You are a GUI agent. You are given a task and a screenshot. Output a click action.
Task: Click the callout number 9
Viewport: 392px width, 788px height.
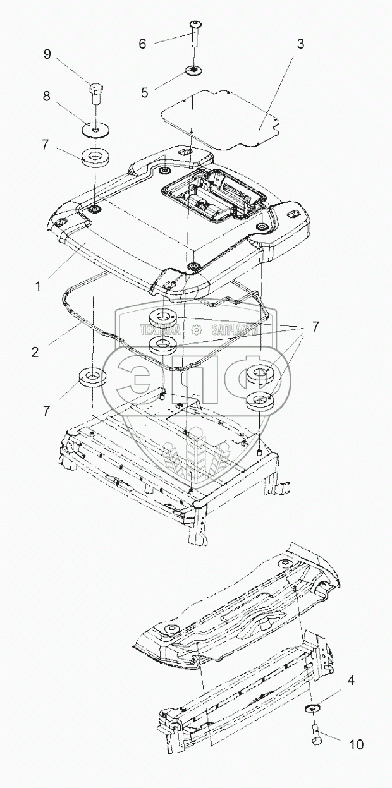47,54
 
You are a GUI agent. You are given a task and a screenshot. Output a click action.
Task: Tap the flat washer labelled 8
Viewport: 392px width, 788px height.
95,130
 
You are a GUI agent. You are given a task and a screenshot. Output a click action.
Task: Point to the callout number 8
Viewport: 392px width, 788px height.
46,97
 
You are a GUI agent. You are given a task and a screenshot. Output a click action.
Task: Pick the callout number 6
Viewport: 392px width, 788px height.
142,43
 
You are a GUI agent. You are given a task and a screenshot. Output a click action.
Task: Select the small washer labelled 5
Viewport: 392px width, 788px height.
190,70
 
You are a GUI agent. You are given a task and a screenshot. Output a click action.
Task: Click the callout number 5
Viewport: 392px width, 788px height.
145,92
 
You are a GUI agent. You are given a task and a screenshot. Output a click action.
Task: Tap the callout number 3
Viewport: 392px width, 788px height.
301,44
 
